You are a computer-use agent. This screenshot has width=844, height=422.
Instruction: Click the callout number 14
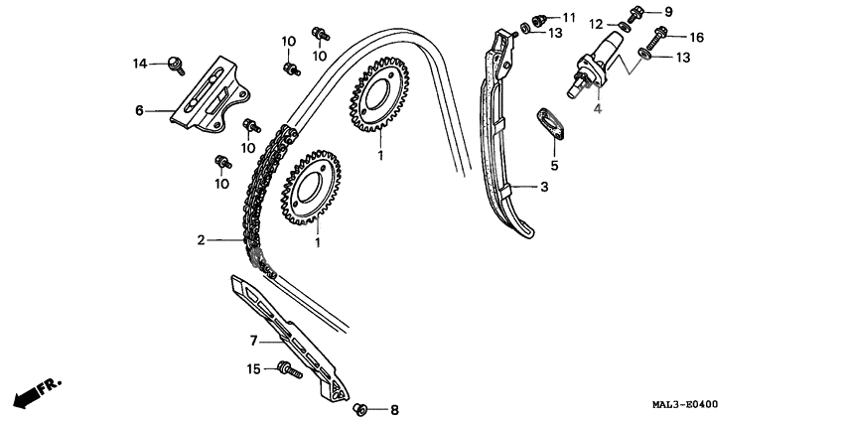(141, 64)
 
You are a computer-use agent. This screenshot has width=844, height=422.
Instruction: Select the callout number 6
(140, 110)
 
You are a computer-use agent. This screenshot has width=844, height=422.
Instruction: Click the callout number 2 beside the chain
(201, 239)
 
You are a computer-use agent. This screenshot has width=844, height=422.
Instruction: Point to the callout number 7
(253, 341)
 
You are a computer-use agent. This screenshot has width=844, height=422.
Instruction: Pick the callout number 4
(598, 109)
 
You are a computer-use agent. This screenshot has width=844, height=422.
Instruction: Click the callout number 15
(253, 369)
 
